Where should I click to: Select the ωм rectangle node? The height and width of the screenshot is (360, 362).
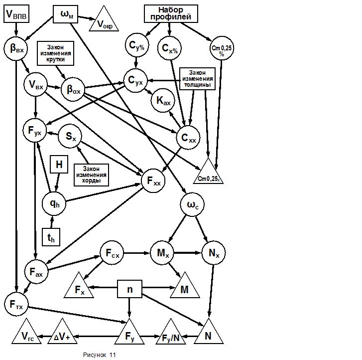pyautogui.click(x=67, y=14)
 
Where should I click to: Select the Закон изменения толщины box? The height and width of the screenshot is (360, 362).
pyautogui.click(x=197, y=78)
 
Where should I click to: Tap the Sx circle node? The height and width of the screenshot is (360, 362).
pyautogui.click(x=70, y=136)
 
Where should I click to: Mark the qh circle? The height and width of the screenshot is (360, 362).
pyautogui.click(x=54, y=203)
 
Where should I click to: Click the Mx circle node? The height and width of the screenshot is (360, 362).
pyautogui.click(x=162, y=253)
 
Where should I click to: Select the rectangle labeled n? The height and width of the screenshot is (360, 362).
pyautogui.click(x=129, y=289)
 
